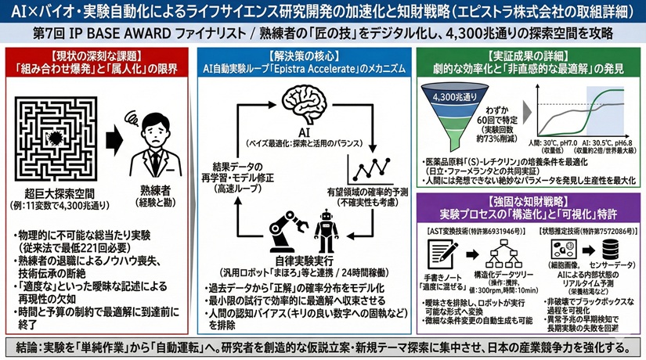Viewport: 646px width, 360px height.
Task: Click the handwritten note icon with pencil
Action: point(444,253)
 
